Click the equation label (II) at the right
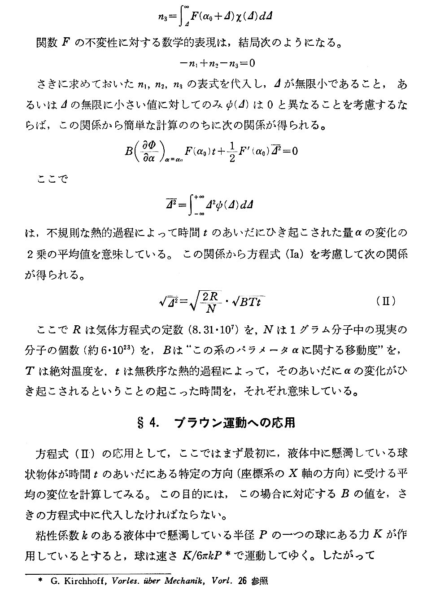(386, 301)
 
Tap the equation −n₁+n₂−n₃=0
(217, 63)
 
